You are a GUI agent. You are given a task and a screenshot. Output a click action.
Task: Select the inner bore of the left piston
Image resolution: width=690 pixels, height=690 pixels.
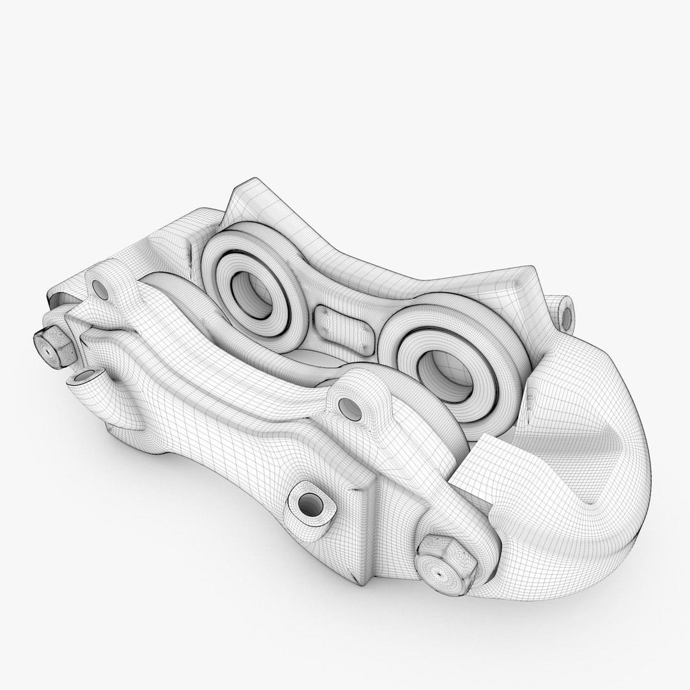(x=248, y=294)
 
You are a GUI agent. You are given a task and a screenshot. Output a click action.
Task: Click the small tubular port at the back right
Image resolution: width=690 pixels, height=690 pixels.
(x=564, y=310)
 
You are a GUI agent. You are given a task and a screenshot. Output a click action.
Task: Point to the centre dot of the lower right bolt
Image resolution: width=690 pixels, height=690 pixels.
(x=441, y=565)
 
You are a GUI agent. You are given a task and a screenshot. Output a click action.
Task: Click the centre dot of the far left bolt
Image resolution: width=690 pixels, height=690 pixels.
(x=50, y=348)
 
